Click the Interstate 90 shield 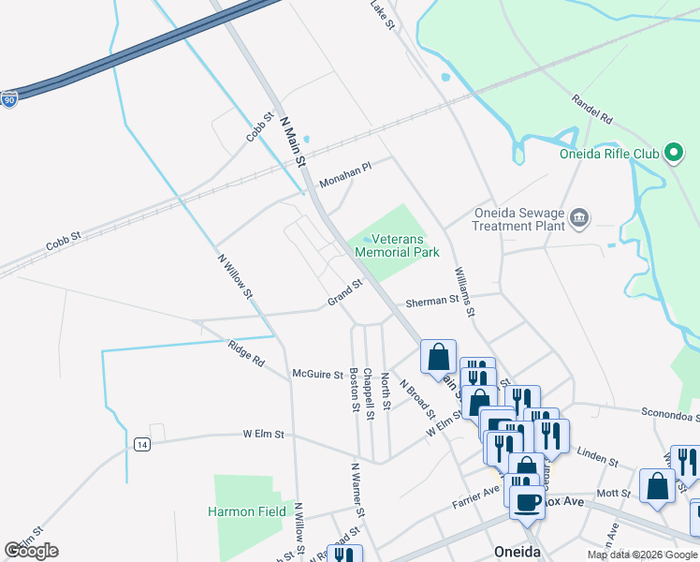(8, 99)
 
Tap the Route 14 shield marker (141, 443)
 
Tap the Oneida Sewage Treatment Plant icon (579, 218)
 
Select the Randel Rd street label (591, 111)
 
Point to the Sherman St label (431, 302)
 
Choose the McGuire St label (318, 375)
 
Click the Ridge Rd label (246, 354)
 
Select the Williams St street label (463, 291)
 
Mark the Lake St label (383, 14)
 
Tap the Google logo (31, 550)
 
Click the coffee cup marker (527, 501)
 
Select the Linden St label (598, 459)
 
